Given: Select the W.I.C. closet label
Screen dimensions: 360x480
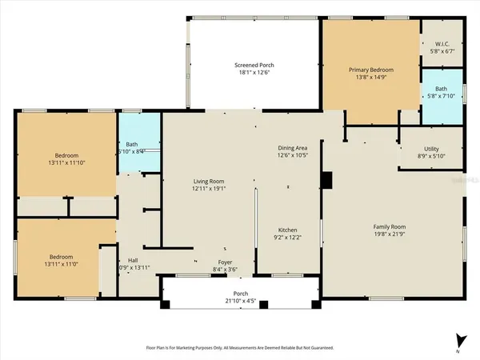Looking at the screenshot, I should (x=442, y=43).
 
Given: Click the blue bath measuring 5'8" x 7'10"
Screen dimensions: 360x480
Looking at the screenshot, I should (x=441, y=94).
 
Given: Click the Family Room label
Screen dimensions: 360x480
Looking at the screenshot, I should (x=392, y=227).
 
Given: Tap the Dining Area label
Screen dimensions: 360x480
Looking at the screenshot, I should (x=292, y=147).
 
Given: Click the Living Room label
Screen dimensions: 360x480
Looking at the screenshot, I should (x=210, y=182).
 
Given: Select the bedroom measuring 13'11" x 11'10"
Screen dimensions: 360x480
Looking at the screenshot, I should (x=66, y=158).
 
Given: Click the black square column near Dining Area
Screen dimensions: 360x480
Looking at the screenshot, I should (x=326, y=181).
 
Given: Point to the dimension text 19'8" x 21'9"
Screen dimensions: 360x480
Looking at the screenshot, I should (x=392, y=235).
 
